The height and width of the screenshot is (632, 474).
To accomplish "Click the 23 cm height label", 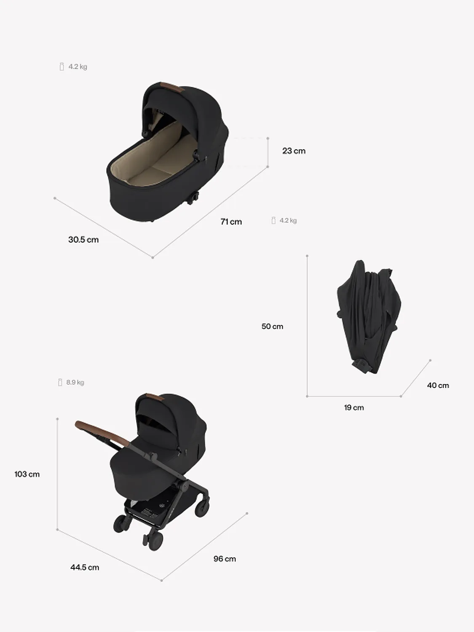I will [294, 151].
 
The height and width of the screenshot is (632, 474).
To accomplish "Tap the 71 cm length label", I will [231, 222].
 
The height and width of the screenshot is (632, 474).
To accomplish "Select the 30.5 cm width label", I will [83, 240].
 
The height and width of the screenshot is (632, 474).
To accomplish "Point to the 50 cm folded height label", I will [272, 327].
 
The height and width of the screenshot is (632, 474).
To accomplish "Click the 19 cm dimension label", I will [353, 407].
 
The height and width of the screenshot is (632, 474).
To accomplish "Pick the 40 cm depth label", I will [438, 386].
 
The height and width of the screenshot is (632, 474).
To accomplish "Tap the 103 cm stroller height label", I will [27, 474].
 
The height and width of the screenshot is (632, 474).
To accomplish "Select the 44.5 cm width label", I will [85, 568].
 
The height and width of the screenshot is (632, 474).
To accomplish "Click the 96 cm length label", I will [225, 559].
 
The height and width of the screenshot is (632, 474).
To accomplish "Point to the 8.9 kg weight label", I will [75, 383].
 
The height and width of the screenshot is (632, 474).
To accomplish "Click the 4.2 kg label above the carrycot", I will [78, 67].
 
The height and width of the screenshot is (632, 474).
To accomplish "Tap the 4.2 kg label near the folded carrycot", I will [288, 220].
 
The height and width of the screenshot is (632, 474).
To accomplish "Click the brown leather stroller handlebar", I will [101, 432].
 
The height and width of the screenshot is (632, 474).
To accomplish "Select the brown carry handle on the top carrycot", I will [170, 87].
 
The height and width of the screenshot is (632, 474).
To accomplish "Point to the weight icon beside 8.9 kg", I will [60, 383].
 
